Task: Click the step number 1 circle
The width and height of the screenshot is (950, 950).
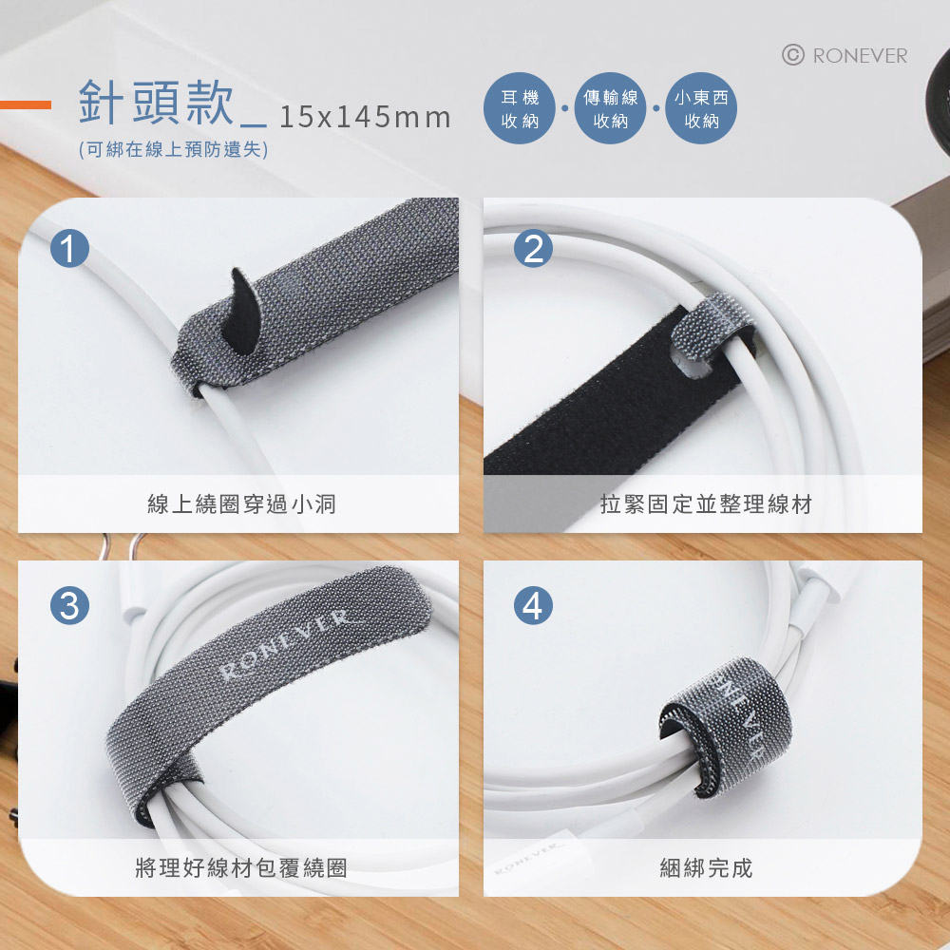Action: pyautogui.click(x=69, y=248)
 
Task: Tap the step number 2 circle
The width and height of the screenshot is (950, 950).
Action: pyautogui.click(x=533, y=248)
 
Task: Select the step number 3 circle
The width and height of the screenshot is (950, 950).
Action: pyautogui.click(x=69, y=605)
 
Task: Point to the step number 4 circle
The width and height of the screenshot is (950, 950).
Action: pyautogui.click(x=533, y=605)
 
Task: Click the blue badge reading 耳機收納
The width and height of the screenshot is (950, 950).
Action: pyautogui.click(x=520, y=108)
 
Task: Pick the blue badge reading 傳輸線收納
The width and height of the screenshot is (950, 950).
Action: pyautogui.click(x=610, y=108)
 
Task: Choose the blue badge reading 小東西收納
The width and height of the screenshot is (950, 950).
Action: pyautogui.click(x=701, y=108)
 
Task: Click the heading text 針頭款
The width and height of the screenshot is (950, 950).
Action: pyautogui.click(x=157, y=102)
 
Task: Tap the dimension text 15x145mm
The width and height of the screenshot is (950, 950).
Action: pyautogui.click(x=366, y=117)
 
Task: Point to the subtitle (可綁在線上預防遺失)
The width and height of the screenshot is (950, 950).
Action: pyautogui.click(x=173, y=150)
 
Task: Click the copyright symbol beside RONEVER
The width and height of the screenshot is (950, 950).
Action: pyautogui.click(x=793, y=55)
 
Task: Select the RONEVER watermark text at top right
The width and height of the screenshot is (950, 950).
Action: pyautogui.click(x=860, y=56)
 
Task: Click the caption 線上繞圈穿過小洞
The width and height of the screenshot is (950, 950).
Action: pyautogui.click(x=241, y=504)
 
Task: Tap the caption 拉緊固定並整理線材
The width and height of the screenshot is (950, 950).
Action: pyautogui.click(x=706, y=504)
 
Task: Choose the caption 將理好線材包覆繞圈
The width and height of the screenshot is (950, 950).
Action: pyautogui.click(x=241, y=868)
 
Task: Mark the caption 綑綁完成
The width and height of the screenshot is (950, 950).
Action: pyautogui.click(x=706, y=868)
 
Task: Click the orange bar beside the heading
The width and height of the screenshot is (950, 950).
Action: pyautogui.click(x=26, y=104)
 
